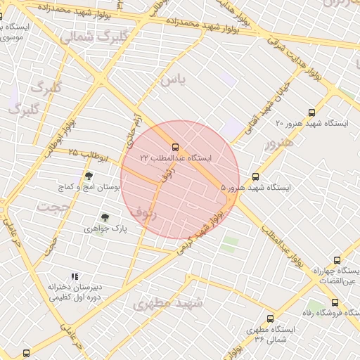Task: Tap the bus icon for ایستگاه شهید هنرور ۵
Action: (x=255, y=177)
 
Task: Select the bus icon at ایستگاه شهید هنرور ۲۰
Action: (x=312, y=112)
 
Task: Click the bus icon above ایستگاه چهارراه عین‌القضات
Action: (x=337, y=260)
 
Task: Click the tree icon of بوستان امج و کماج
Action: (x=89, y=176)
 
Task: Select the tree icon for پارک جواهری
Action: (x=105, y=217)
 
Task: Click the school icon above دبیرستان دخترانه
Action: (x=75, y=276)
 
